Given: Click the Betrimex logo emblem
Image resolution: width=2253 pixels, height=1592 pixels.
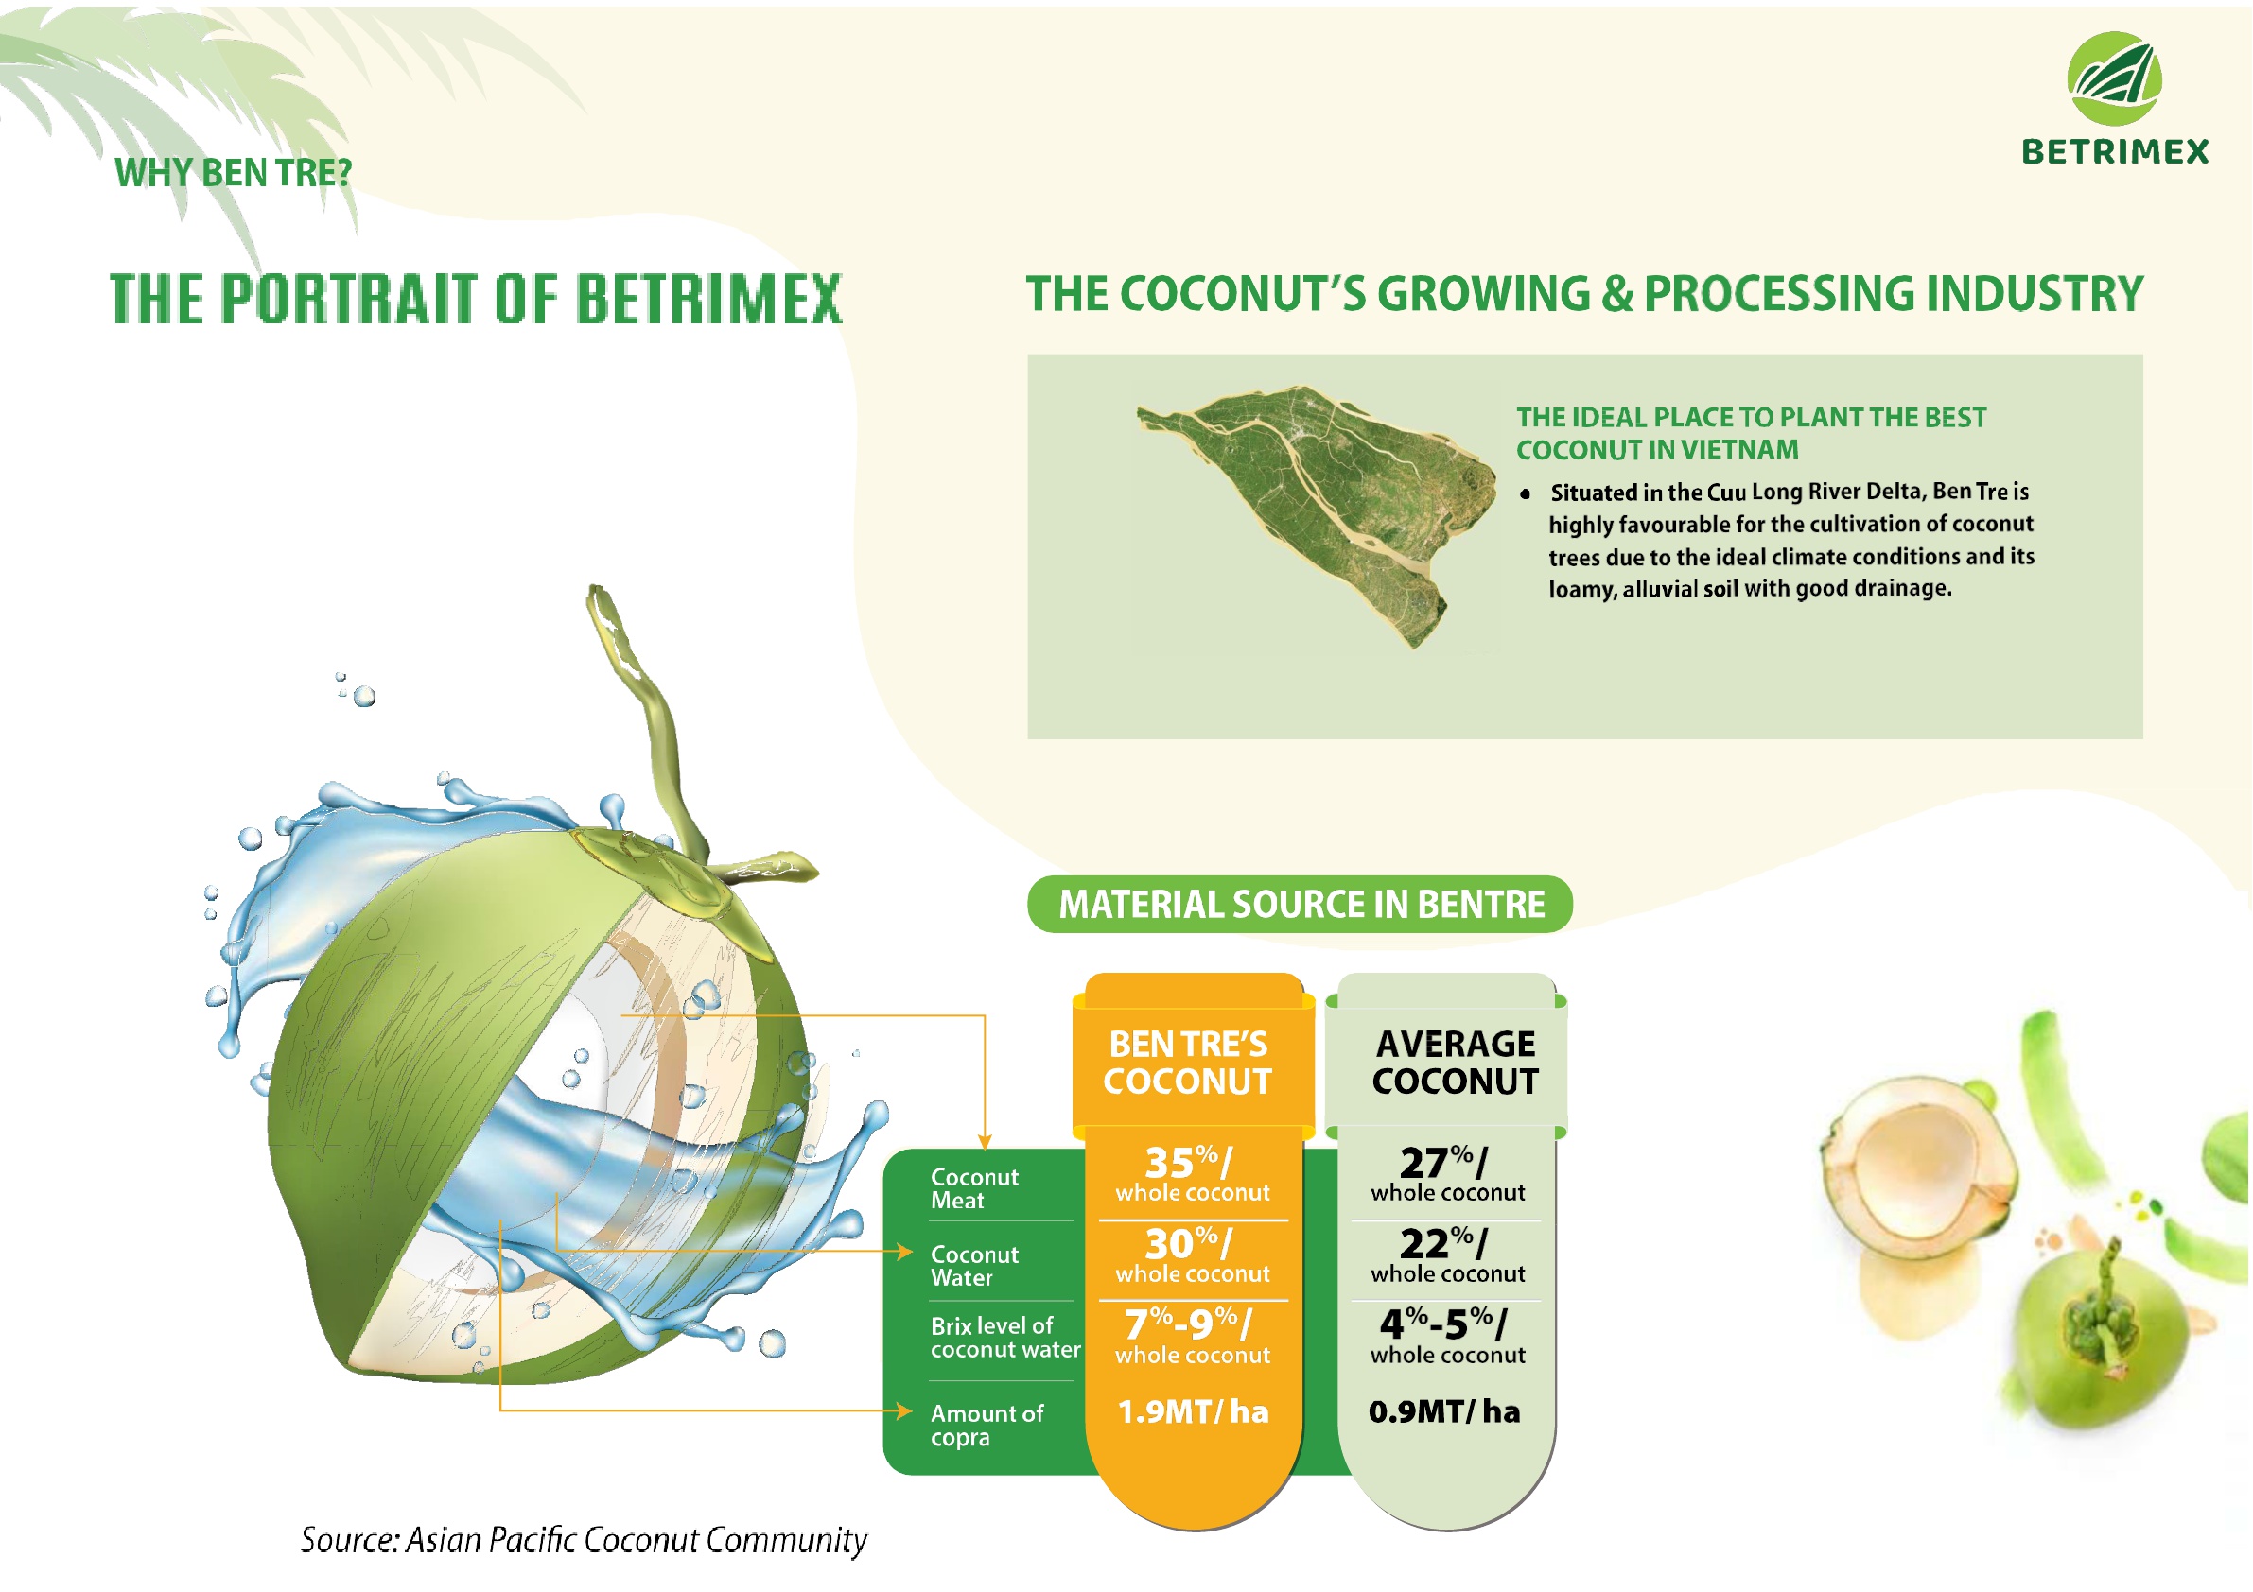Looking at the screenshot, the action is tap(2114, 78).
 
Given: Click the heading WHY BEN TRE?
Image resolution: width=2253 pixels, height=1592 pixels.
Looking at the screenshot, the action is tap(233, 173).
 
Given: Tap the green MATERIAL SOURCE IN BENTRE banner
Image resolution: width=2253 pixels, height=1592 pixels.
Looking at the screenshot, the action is tap(1301, 904).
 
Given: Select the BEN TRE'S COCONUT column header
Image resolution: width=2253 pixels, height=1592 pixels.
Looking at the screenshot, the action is tap(1187, 1063).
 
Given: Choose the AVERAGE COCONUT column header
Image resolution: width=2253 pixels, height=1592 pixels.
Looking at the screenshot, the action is tap(1456, 1063).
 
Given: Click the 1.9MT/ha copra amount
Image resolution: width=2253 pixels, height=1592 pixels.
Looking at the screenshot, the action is tap(1194, 1411).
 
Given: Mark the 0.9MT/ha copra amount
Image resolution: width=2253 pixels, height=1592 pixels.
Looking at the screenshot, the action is tap(1444, 1411).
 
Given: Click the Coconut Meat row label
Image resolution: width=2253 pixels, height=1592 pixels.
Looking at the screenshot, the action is tap(974, 1189).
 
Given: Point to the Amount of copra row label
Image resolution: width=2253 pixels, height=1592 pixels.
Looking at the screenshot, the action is tap(987, 1426).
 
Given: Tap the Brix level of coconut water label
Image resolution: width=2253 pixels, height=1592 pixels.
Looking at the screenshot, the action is tap(1005, 1338).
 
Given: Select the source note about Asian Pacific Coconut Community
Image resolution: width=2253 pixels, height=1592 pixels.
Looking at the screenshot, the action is tap(584, 1540).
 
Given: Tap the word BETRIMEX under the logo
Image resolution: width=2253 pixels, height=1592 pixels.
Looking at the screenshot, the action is tap(2115, 152).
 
